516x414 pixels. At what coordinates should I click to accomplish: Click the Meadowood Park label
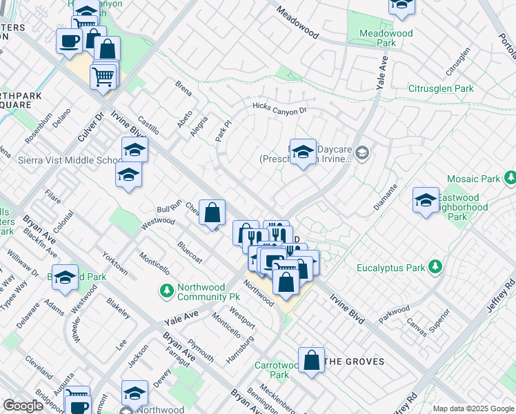point(386,38)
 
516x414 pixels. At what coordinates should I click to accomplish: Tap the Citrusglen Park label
point(440,88)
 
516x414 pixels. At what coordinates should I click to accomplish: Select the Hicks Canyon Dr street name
point(279,108)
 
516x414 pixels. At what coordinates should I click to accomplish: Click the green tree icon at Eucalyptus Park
point(435,267)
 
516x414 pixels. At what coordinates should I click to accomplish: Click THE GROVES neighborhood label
point(353,362)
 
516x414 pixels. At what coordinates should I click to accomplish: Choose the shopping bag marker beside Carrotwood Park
point(312,361)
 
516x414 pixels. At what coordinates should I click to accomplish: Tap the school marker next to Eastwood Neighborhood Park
point(426,200)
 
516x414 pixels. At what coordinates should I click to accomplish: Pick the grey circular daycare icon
point(364,153)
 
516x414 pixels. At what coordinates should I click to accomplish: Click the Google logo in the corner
point(23,406)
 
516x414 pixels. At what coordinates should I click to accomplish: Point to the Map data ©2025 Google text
point(473,408)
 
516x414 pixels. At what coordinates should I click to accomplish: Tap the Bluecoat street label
point(190,251)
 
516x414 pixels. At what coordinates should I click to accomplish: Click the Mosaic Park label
point(473,179)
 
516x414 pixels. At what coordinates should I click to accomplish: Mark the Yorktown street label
point(115,263)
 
